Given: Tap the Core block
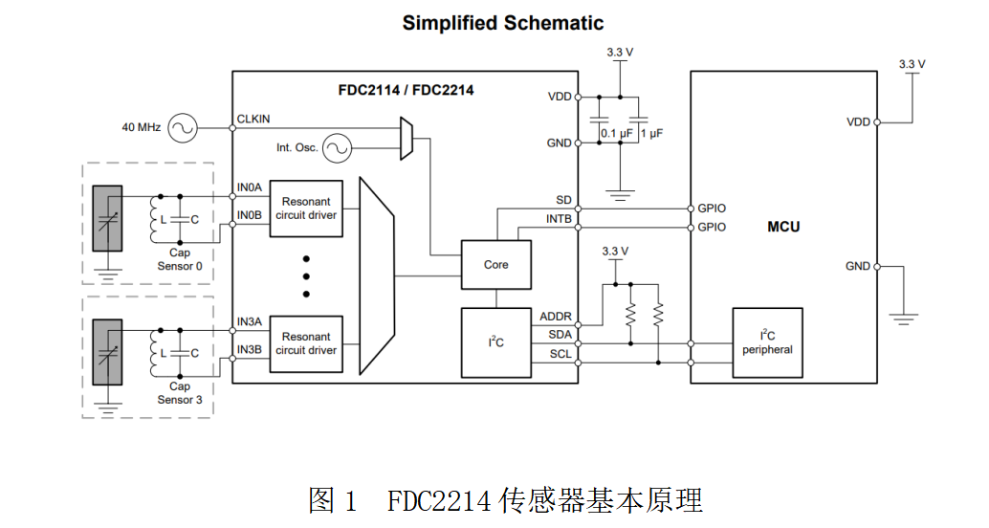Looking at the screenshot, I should click(x=495, y=265).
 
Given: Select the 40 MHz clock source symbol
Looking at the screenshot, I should click(x=181, y=126).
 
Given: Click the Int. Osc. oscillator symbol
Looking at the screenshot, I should click(x=337, y=147).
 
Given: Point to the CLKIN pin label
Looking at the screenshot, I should click(x=253, y=119).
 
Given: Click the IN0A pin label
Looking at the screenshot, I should click(x=250, y=187).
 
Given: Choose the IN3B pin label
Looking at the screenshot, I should click(x=250, y=349).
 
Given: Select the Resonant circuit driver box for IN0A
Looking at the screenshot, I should click(x=306, y=209).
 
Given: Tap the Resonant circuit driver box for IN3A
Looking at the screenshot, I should click(x=306, y=343).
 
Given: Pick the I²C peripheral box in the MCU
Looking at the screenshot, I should click(x=767, y=343).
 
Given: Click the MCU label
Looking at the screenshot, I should click(x=783, y=227).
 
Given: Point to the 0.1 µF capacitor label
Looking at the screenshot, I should click(x=612, y=133).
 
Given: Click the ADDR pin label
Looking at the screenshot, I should click(x=556, y=316).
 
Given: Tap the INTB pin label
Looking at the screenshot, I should click(x=559, y=219).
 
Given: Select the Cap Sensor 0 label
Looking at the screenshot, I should click(x=180, y=259).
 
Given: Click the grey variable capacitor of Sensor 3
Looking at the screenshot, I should click(x=107, y=352).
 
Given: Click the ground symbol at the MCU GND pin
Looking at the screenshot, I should click(x=903, y=314).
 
